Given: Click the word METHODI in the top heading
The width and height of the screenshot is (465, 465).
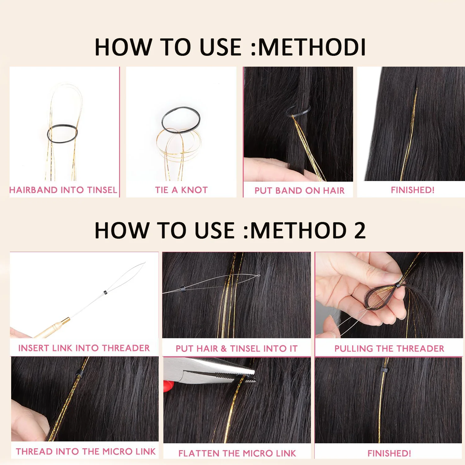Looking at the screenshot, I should (312, 47).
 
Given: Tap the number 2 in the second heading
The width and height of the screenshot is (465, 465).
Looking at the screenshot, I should (360, 231).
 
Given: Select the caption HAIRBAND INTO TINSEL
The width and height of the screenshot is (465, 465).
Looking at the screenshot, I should (63, 190).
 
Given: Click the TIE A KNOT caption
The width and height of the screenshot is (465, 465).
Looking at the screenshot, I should (181, 190).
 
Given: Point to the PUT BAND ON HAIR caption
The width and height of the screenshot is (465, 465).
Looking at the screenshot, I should (299, 190).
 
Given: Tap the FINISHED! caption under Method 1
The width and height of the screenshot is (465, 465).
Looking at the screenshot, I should (413, 190).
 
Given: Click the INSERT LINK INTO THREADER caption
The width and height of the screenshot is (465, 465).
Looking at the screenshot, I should (84, 348).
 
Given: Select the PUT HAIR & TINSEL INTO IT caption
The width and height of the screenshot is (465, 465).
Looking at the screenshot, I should (237, 348).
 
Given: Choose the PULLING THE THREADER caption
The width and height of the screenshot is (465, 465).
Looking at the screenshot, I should (389, 348).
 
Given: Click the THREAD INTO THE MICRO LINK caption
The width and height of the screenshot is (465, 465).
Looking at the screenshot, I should (86, 451).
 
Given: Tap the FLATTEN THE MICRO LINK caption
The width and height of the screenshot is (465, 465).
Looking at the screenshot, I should (237, 453).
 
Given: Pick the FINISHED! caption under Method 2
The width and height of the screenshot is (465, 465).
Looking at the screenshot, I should (389, 453).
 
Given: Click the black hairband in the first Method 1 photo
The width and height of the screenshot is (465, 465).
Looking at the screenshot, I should (62, 134).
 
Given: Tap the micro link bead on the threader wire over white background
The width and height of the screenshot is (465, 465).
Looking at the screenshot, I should (105, 292).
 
